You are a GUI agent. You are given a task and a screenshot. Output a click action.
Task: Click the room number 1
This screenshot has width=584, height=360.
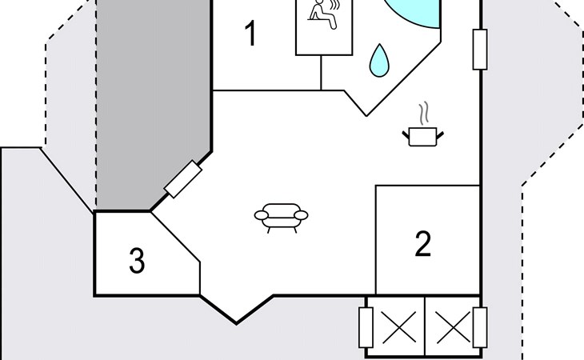[250, 35]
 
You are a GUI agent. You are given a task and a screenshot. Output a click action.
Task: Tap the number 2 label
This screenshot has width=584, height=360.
[423, 243]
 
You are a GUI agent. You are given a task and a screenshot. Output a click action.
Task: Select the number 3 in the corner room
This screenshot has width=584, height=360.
[138, 261]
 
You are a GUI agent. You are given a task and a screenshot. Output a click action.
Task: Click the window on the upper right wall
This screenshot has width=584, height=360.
[480, 50]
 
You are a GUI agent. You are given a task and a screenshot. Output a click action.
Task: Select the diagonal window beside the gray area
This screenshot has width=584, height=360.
[182, 179]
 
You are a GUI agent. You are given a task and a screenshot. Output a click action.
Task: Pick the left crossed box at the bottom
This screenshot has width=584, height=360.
[395, 326]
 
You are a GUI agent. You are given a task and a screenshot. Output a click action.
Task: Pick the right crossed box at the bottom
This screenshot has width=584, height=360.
[453, 326]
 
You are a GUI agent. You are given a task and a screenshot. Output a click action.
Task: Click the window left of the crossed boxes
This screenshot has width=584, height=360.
[366, 326]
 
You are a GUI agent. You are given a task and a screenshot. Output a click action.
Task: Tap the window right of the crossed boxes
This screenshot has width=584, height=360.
[480, 326]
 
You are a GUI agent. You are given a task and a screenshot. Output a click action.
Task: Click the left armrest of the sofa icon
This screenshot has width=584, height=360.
[260, 214]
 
